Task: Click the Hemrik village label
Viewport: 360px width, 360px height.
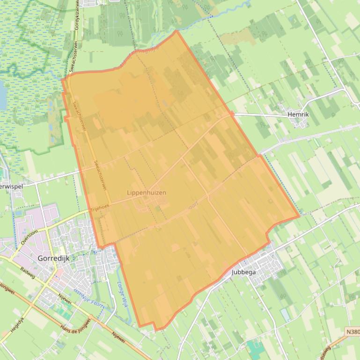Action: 298,114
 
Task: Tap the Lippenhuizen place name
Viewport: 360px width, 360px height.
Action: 147,192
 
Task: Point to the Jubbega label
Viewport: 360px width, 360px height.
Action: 244,272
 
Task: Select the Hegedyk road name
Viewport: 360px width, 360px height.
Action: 17,328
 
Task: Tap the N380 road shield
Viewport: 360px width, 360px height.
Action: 353,331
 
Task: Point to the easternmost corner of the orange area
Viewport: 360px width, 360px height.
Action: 300,217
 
